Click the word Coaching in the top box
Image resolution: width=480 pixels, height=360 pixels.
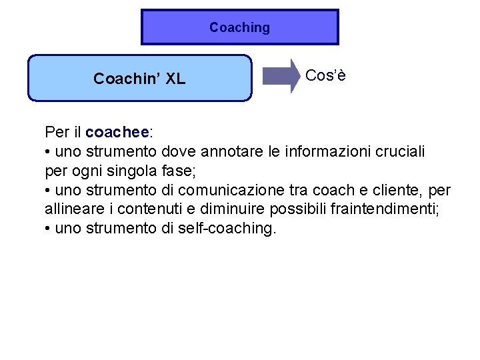point(239,27)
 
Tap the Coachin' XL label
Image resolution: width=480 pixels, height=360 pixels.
point(139,79)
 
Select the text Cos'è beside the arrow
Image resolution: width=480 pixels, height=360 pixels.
point(326,75)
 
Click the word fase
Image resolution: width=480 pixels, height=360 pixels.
point(178,171)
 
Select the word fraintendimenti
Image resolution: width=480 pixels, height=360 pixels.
point(385,209)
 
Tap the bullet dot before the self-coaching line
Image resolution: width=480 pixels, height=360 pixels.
point(48,229)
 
